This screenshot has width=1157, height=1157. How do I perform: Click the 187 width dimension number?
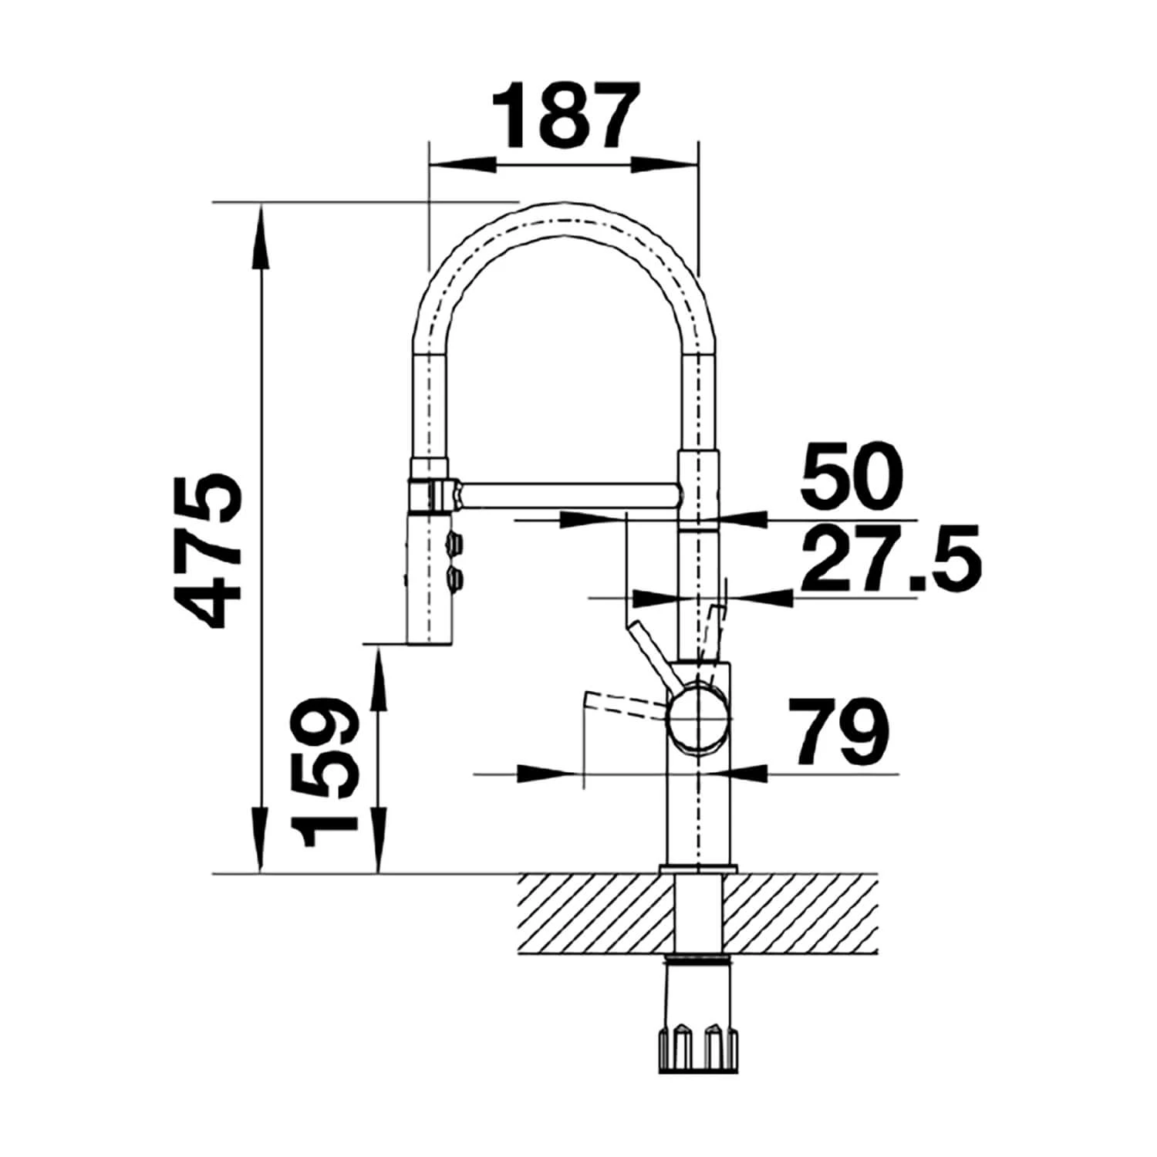coord(566,115)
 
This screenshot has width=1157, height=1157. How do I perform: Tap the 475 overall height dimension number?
coord(205,551)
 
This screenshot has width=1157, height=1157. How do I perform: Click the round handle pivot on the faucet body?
coord(697,718)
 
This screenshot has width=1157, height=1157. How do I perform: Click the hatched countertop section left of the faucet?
coord(594,913)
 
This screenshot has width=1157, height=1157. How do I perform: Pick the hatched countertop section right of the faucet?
coord(802,913)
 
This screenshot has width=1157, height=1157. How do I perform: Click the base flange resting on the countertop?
coord(698,868)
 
